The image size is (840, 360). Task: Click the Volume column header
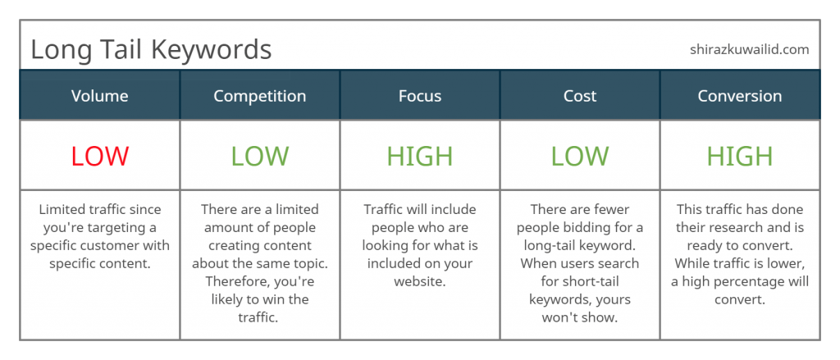tap(99, 96)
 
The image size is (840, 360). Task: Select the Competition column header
tap(260, 97)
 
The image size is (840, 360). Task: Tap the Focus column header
tap(420, 96)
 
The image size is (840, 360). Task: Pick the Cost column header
tap(580, 96)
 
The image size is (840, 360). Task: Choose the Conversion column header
tap(740, 96)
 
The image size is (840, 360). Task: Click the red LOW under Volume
tap(100, 157)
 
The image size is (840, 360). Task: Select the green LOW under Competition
tap(260, 157)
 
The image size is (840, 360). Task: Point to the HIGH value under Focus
tap(420, 157)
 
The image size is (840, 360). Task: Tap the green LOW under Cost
tap(580, 157)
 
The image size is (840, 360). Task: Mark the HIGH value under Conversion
tap(740, 157)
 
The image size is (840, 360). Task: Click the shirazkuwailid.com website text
tap(750, 50)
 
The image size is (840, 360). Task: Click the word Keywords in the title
tap(212, 49)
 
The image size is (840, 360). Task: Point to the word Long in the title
tap(59, 50)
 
